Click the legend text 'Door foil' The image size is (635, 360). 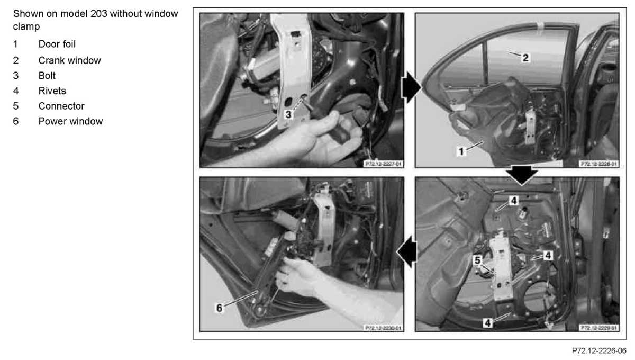click(x=57, y=44)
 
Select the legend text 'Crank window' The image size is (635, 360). click(x=70, y=60)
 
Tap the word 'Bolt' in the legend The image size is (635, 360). click(x=47, y=76)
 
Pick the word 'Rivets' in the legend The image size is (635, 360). click(x=52, y=91)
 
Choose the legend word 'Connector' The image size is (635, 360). click(x=61, y=106)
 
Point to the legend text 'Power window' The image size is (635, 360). click(x=70, y=121)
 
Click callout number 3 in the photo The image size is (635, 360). click(x=288, y=114)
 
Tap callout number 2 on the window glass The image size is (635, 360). click(x=525, y=58)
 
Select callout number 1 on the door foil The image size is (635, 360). click(x=461, y=151)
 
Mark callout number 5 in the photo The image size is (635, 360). click(x=478, y=260)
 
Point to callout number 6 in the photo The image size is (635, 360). click(x=219, y=308)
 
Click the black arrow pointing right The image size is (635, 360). click(x=411, y=88)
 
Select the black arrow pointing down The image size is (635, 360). click(x=522, y=175)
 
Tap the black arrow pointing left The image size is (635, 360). click(x=407, y=251)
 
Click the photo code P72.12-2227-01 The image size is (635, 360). click(x=383, y=164)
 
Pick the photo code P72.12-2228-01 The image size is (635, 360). click(x=598, y=164)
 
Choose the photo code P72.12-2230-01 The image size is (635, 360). click(x=383, y=328)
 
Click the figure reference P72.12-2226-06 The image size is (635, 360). click(x=599, y=350)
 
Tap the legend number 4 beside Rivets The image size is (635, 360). click(x=16, y=91)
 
